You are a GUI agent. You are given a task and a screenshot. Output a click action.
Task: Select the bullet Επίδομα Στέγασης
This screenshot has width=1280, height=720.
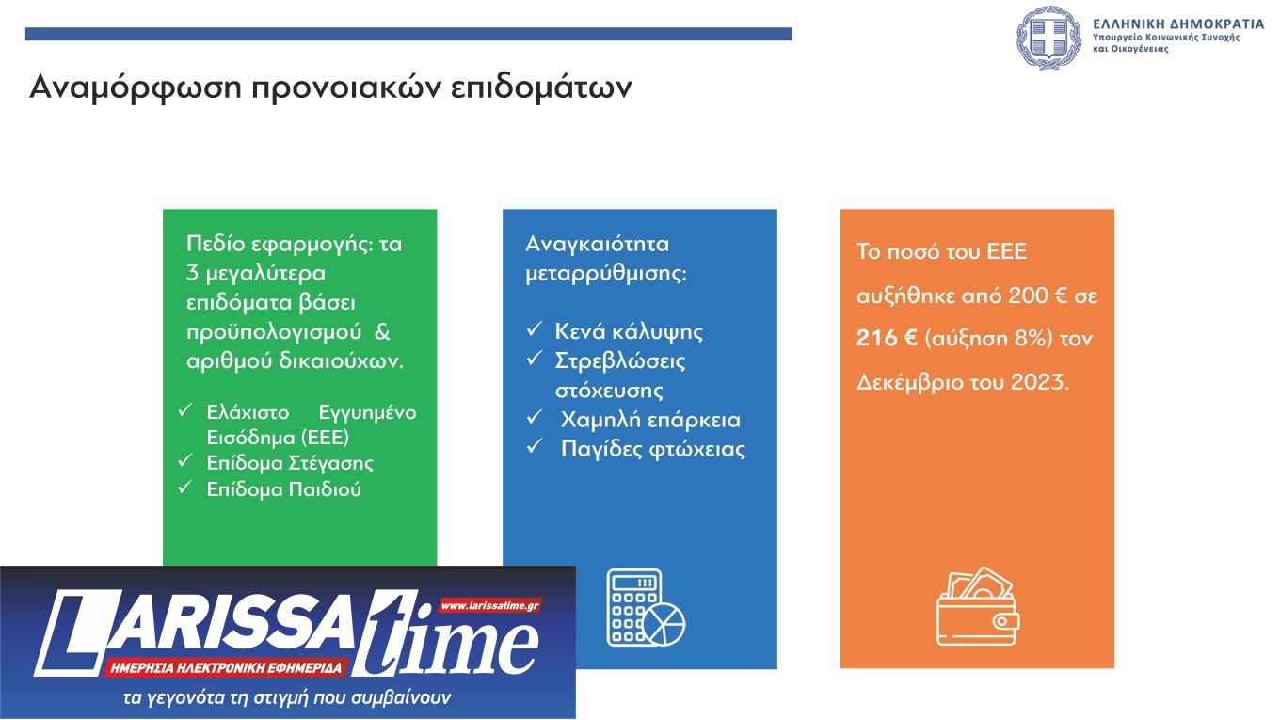tap(290, 463)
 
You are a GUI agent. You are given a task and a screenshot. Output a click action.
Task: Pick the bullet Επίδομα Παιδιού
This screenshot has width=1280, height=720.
tap(284, 489)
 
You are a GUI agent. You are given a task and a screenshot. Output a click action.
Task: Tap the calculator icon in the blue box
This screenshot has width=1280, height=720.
tap(645, 608)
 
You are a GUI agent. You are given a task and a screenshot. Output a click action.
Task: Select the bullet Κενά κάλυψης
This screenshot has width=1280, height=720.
tap(629, 332)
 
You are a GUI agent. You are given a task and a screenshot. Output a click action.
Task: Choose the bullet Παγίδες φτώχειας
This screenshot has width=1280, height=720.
tap(653, 449)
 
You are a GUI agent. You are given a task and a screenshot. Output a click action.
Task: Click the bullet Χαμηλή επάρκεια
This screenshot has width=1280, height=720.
tap(650, 420)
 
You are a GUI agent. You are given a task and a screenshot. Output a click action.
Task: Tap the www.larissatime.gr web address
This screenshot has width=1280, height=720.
tap(489, 606)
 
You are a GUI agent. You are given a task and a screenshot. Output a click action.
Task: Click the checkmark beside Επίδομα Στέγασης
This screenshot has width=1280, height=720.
tap(186, 461)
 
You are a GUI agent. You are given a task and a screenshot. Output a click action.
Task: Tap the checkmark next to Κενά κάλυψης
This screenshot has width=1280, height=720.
tap(534, 330)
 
